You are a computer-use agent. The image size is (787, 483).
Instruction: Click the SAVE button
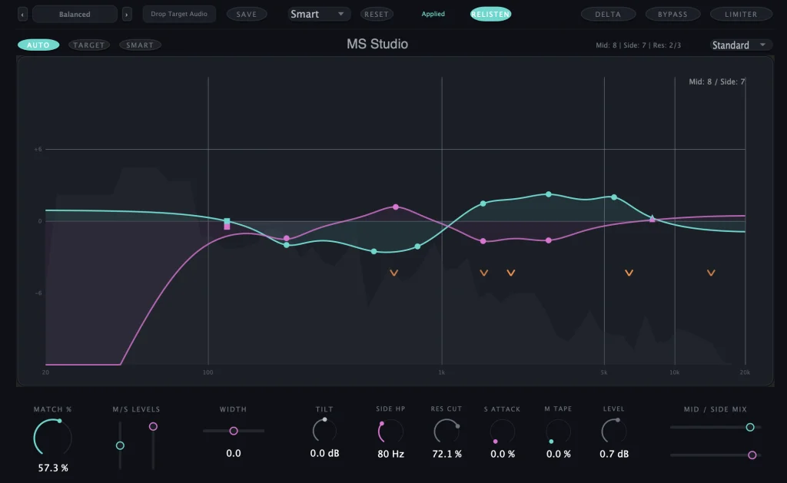(247, 15)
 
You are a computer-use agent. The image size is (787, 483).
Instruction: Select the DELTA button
(608, 15)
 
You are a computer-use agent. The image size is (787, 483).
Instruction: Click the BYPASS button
(672, 15)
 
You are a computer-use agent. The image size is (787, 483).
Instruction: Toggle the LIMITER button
(741, 15)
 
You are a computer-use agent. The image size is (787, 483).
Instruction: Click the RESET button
(377, 15)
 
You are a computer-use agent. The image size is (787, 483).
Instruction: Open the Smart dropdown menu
(319, 15)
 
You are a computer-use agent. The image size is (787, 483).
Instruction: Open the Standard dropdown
(741, 45)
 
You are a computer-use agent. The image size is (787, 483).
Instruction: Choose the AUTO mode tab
(38, 45)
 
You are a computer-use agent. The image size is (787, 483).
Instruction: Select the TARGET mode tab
(89, 45)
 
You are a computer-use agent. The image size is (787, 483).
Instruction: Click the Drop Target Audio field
(179, 15)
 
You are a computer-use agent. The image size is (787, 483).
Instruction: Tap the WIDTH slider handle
(234, 431)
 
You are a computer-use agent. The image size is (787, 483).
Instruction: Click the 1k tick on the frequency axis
(442, 372)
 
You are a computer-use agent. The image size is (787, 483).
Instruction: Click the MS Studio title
(377, 45)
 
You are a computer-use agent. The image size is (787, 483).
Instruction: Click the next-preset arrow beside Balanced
(127, 15)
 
